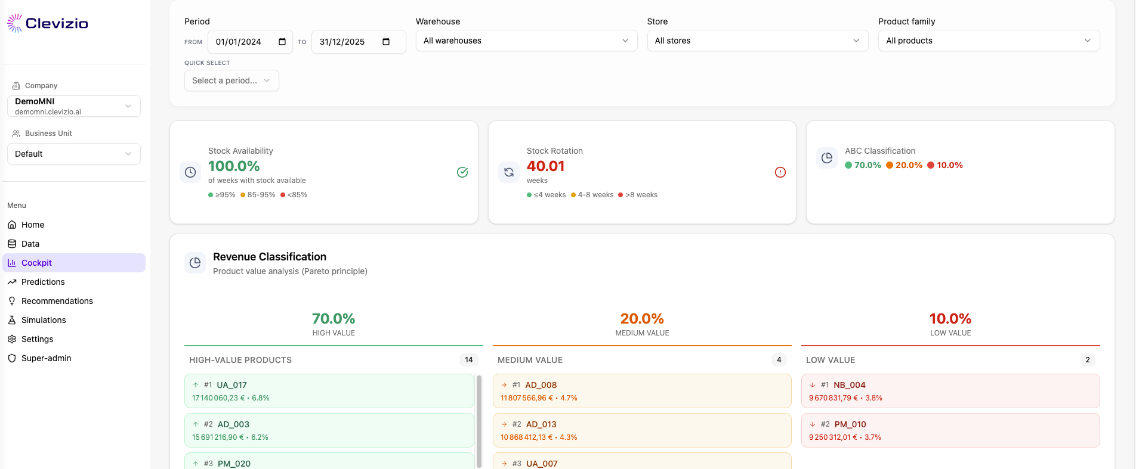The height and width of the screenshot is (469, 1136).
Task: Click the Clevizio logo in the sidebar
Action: click(x=48, y=23)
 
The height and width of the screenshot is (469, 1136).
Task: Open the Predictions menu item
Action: click(x=43, y=282)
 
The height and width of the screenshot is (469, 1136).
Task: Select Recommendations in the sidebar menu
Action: click(x=57, y=301)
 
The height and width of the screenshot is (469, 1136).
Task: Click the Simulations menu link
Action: click(x=44, y=320)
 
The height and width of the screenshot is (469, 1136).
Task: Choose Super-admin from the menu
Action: click(x=46, y=358)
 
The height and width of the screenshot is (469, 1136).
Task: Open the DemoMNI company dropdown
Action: click(x=74, y=106)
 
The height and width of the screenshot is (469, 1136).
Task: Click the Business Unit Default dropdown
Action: click(x=74, y=154)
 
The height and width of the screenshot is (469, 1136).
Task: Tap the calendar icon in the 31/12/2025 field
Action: click(x=386, y=42)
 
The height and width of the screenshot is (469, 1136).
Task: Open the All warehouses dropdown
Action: click(x=526, y=41)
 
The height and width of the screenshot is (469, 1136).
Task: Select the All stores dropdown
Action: click(x=757, y=41)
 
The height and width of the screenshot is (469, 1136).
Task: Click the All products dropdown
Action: click(x=989, y=41)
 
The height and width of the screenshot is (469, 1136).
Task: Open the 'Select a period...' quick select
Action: click(x=231, y=80)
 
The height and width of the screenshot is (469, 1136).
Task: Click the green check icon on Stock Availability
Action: click(x=462, y=172)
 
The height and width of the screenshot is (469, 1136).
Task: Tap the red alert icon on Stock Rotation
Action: click(x=780, y=172)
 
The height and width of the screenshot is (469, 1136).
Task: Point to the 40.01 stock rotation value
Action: click(x=545, y=166)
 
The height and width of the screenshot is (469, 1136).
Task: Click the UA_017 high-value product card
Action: click(x=329, y=391)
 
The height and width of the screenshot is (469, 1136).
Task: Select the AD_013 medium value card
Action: click(x=642, y=430)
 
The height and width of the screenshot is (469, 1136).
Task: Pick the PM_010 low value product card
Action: click(x=950, y=430)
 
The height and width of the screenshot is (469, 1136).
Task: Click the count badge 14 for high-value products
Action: click(x=469, y=360)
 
